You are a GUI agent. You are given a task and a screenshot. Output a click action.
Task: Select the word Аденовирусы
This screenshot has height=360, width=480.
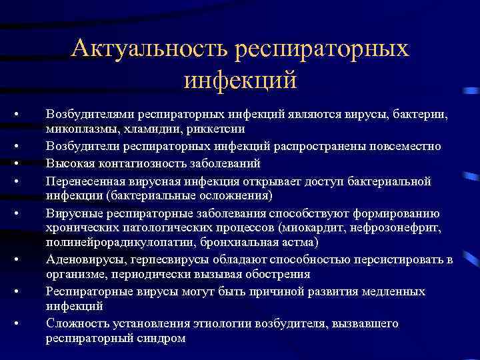click(x=78, y=259)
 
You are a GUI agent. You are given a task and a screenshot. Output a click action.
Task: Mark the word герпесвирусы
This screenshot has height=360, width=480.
click(x=151, y=259)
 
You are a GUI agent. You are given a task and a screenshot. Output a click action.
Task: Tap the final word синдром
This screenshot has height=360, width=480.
click(x=164, y=338)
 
